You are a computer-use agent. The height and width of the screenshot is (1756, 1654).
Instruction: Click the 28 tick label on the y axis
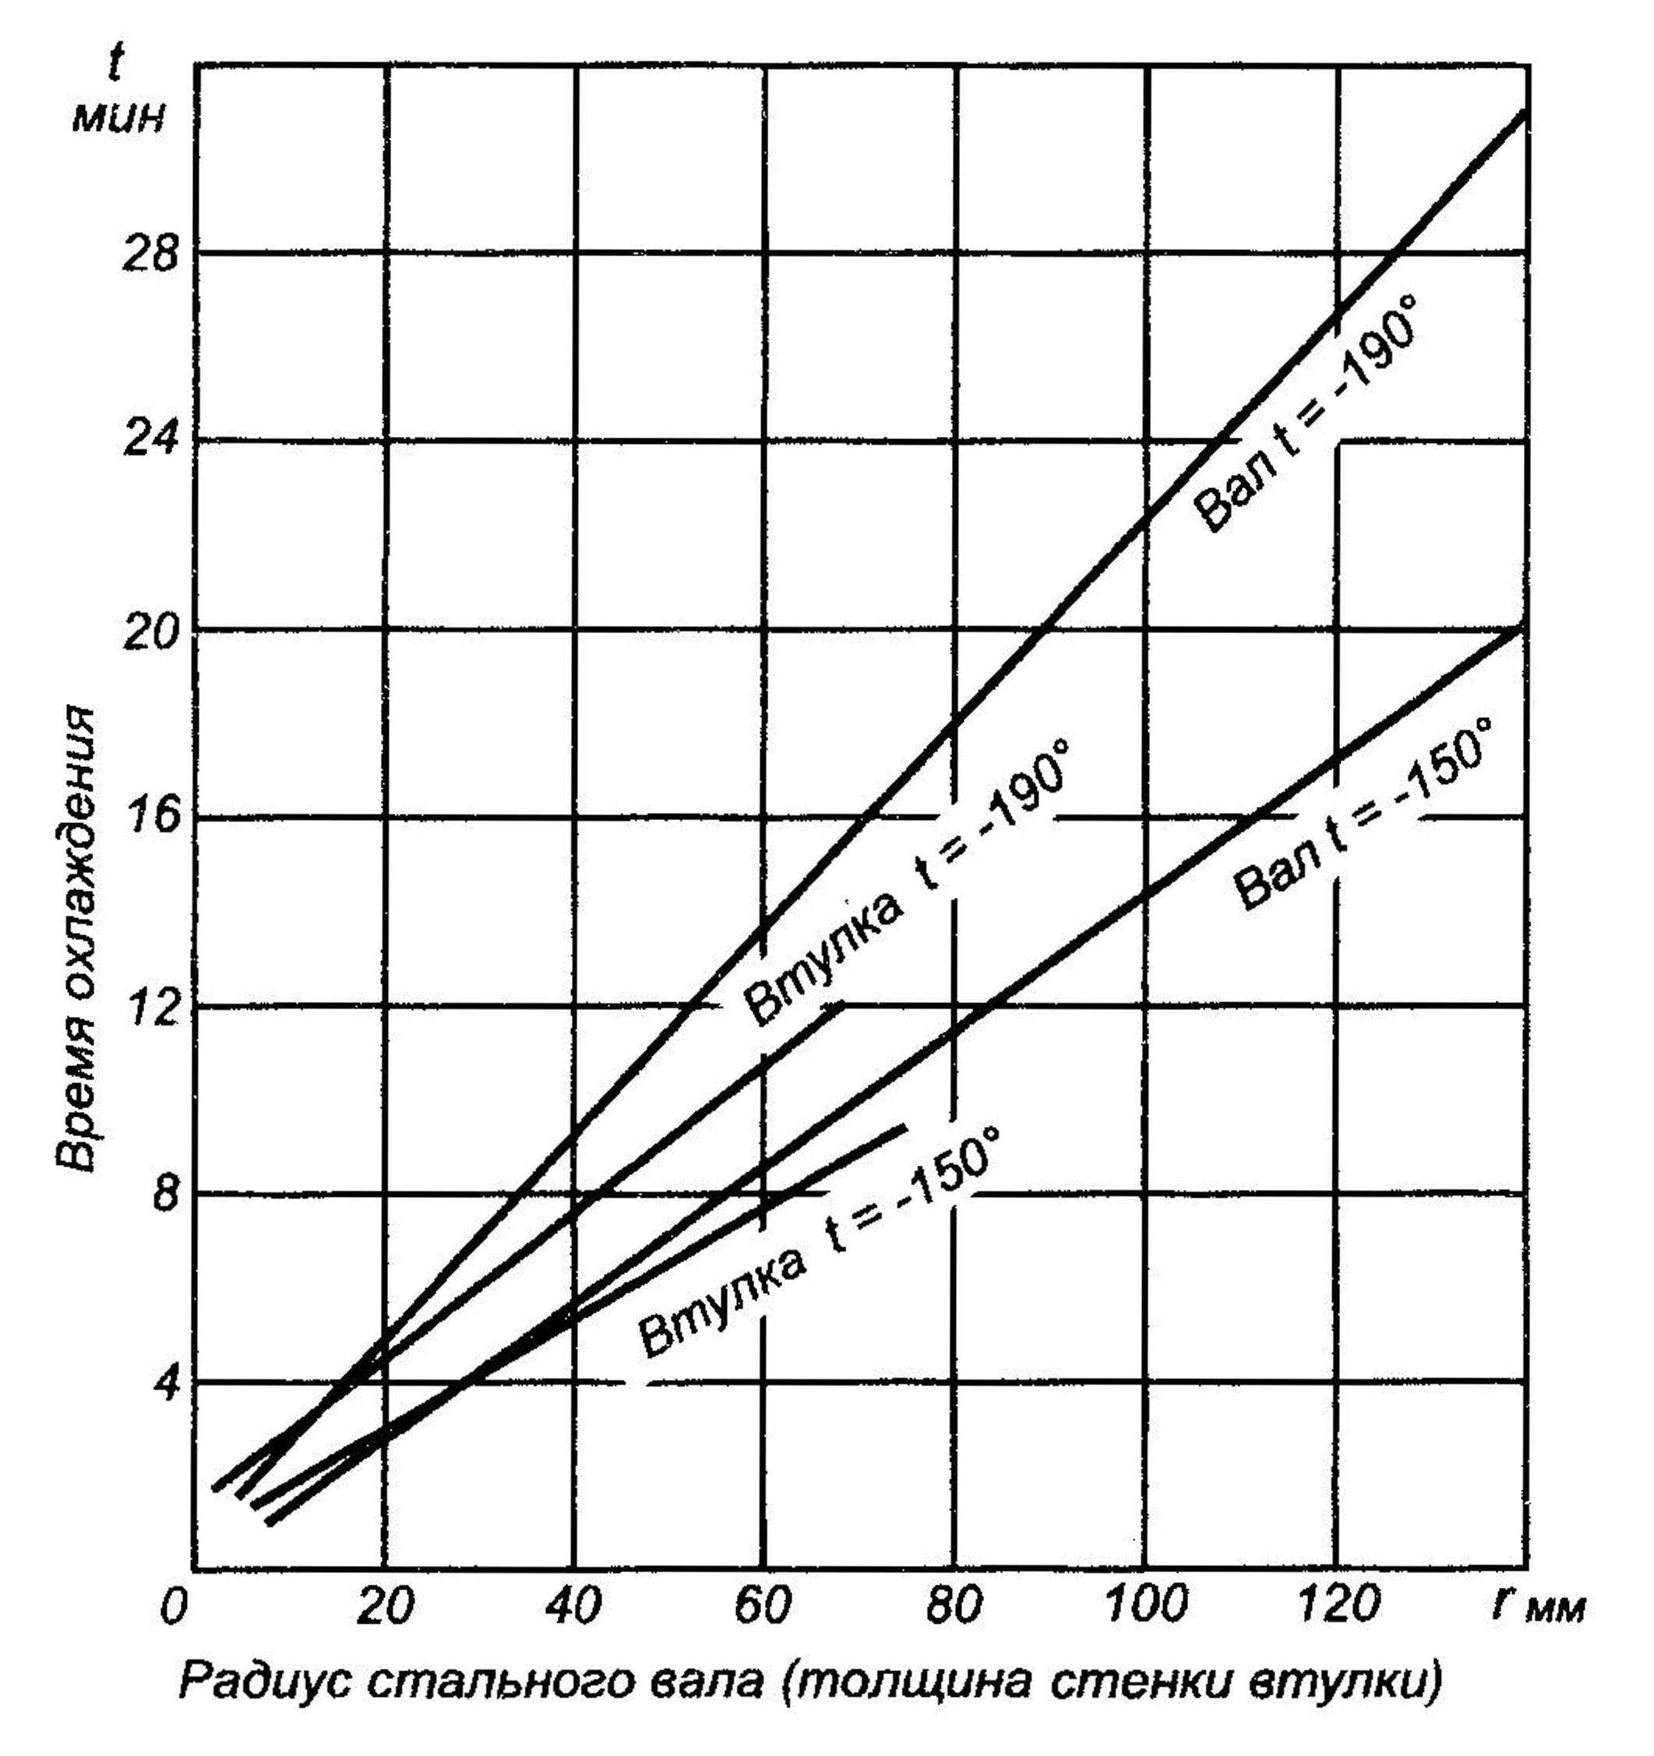(149, 256)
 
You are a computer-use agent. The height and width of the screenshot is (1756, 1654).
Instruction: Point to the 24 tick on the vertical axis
(149, 439)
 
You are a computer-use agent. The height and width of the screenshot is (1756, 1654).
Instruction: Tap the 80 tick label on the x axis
(955, 1605)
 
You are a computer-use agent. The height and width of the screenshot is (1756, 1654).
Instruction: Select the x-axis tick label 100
(1147, 1605)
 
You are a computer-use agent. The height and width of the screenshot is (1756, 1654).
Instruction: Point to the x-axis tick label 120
(1338, 1605)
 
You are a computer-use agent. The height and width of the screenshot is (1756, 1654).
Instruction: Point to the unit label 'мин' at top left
(118, 117)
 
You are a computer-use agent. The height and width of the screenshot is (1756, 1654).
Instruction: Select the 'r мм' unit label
(1538, 1605)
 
